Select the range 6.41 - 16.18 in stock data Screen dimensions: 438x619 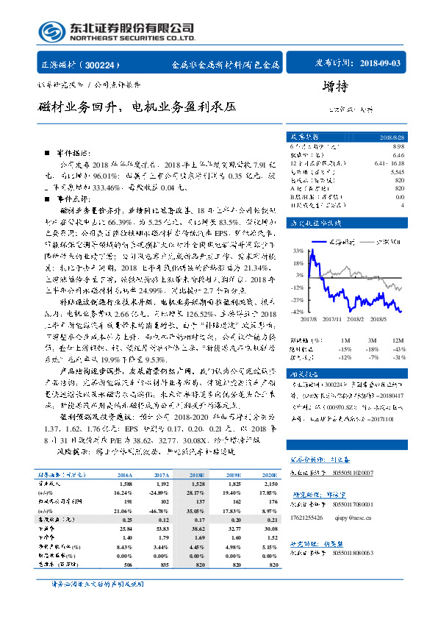click(389, 163)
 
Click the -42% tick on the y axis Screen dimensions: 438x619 click(297, 312)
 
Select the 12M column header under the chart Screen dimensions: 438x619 click(398, 340)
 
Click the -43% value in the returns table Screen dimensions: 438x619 click(398, 348)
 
